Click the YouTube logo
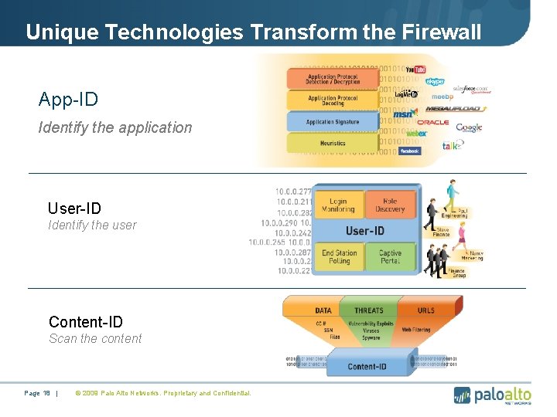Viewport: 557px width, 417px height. click(x=415, y=70)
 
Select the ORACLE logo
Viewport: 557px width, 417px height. click(x=432, y=122)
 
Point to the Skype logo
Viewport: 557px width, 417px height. click(x=435, y=81)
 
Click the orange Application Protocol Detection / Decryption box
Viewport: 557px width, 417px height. click(x=333, y=79)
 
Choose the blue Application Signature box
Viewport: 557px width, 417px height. click(x=333, y=122)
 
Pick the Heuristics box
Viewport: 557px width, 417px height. click(x=333, y=143)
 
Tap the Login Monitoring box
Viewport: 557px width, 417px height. click(x=338, y=205)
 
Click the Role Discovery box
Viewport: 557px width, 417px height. click(x=390, y=205)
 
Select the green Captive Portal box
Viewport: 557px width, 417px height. click(x=390, y=256)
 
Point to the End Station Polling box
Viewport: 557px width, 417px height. click(x=339, y=256)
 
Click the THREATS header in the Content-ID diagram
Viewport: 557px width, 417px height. click(x=368, y=310)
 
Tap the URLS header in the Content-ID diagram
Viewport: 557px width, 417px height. click(x=425, y=310)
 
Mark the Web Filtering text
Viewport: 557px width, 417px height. click(x=416, y=330)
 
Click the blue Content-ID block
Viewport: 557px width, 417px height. click(x=367, y=365)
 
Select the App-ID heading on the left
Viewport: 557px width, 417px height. click(x=68, y=100)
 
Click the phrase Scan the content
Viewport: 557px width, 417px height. click(x=95, y=338)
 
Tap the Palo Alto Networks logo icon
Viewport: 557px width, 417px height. click(x=462, y=395)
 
